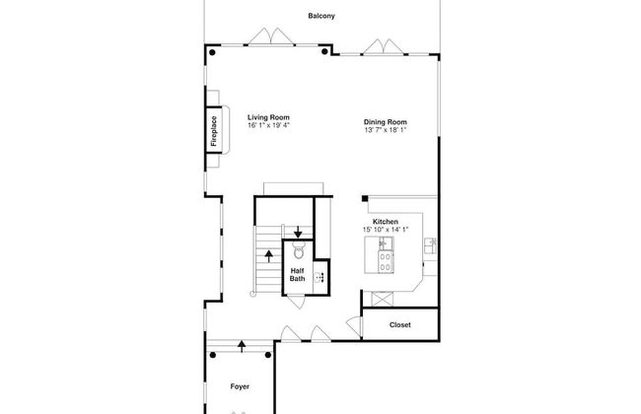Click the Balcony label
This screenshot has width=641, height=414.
coord(321,16)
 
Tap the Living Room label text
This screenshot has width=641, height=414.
coord(268,117)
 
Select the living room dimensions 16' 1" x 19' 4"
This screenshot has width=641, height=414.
coord(268,125)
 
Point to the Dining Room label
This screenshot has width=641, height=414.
coord(385,122)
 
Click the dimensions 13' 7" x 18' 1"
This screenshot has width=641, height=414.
coord(385,130)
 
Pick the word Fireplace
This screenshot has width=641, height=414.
coord(214,131)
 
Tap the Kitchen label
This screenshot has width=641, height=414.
coord(385,222)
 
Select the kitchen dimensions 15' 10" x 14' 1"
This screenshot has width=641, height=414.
coord(385,230)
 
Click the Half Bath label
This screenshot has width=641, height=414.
coord(297,275)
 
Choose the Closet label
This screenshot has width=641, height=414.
coord(399,325)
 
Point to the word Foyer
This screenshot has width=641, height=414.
coord(240,386)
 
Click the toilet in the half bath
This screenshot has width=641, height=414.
coord(299,250)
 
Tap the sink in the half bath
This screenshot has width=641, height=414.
coord(320,278)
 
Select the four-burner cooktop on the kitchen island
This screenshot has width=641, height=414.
coord(385,262)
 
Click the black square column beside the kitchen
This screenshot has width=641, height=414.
coord(365,199)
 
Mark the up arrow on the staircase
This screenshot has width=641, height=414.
coord(268,256)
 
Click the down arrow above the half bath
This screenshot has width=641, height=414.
coord(298,232)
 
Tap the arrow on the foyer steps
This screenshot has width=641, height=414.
coord(242,347)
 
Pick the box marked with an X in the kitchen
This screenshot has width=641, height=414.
coord(382,299)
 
